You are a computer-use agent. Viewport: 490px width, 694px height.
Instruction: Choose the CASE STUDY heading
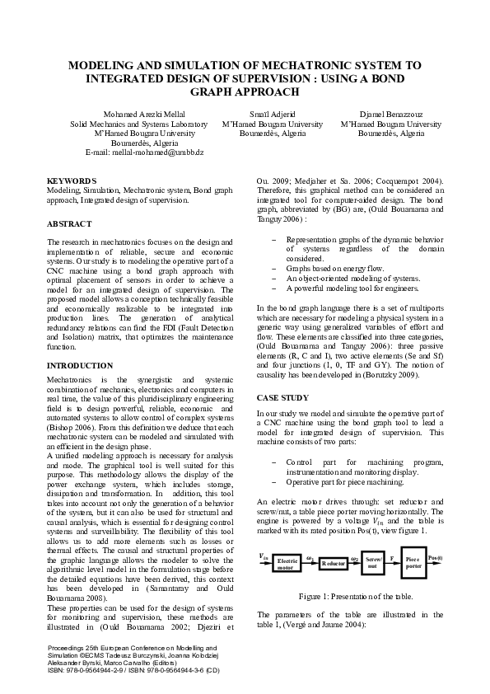click(x=282, y=397)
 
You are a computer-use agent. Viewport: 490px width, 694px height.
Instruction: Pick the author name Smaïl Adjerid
click(x=272, y=114)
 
